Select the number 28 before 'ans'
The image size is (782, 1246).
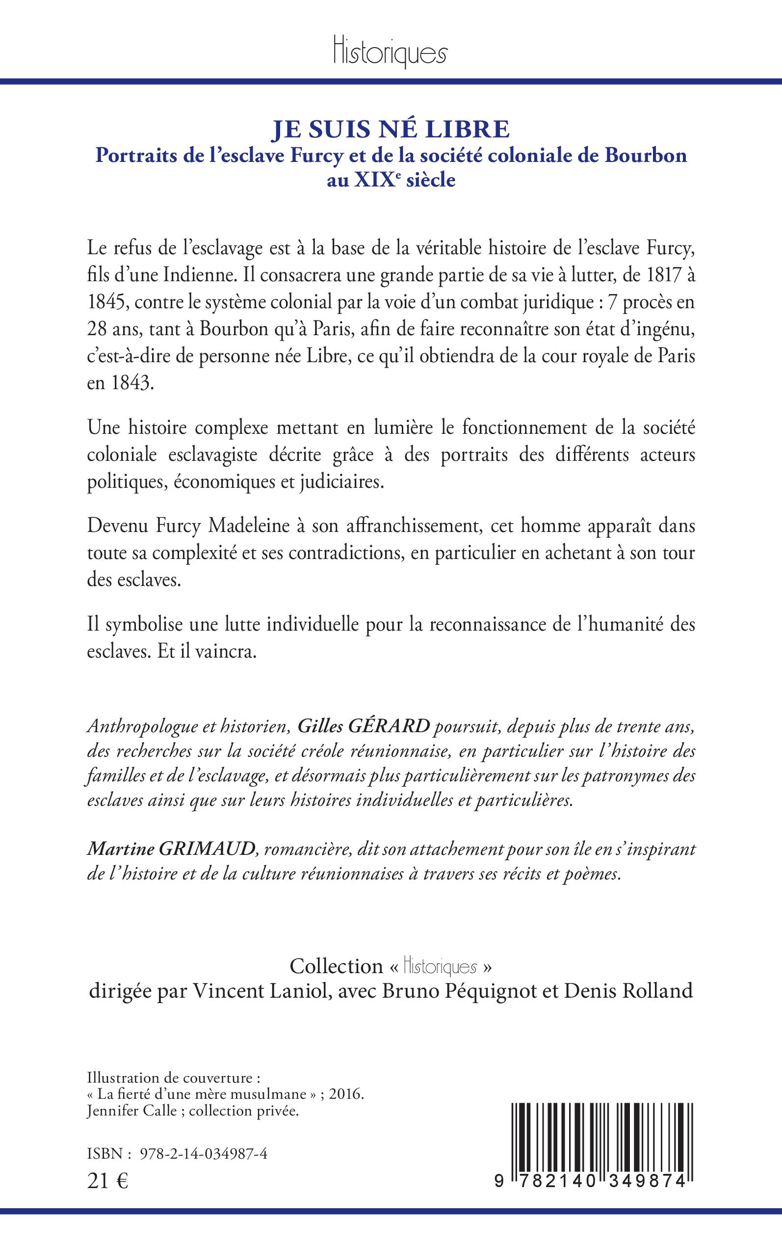tap(97, 330)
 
